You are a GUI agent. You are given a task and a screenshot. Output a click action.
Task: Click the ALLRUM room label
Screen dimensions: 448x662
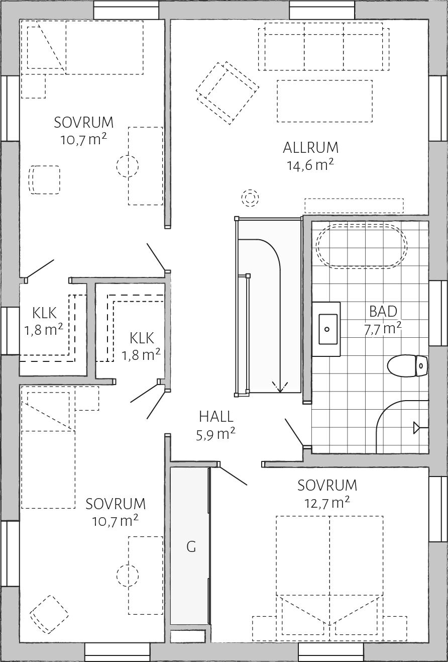click(x=311, y=148)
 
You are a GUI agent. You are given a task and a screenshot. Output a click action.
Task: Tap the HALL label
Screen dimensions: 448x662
click(x=216, y=417)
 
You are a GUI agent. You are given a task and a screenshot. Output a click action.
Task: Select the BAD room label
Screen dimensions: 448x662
click(x=383, y=312)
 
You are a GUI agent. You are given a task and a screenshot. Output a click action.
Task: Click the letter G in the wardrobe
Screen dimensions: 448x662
click(x=191, y=547)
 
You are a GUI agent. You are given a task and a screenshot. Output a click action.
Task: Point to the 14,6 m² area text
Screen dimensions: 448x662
click(x=310, y=165)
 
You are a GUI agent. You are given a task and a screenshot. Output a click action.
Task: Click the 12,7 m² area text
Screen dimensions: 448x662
click(x=327, y=503)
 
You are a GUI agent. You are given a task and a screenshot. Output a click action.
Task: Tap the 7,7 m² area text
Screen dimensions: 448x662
click(x=383, y=329)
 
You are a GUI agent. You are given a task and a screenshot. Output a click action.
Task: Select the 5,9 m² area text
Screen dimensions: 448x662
click(x=216, y=434)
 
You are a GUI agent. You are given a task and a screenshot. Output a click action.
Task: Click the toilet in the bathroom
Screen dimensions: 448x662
click(x=407, y=366)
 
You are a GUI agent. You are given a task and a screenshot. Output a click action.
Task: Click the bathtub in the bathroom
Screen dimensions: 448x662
click(x=362, y=246)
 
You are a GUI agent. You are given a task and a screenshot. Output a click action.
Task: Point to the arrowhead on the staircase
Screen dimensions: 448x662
click(x=280, y=387)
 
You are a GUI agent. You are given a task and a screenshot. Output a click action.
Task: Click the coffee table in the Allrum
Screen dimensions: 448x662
click(x=324, y=101)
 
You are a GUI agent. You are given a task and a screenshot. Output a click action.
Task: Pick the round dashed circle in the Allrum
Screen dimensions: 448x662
click(x=250, y=197)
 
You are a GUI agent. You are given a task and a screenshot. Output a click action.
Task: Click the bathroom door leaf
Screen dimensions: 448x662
click(x=294, y=432)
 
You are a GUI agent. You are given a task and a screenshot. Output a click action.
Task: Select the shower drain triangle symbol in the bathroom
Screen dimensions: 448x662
click(x=417, y=428)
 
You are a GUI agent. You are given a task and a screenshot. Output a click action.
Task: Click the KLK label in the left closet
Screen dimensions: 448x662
click(x=44, y=313)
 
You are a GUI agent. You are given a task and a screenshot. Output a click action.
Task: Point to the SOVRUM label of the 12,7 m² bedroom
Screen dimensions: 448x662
click(x=327, y=485)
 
